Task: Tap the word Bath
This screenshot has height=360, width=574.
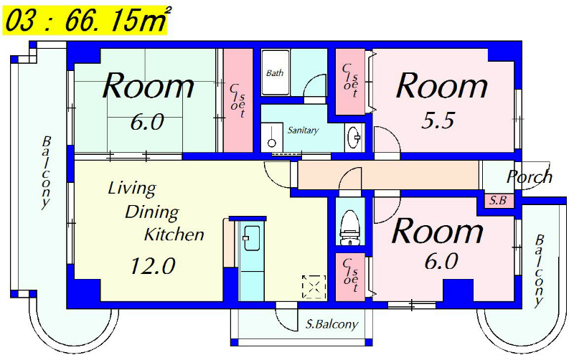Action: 275,73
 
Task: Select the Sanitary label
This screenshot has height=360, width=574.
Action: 303,130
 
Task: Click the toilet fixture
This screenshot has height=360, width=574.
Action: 350,227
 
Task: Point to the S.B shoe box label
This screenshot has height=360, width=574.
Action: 498,200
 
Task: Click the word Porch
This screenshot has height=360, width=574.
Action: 530,176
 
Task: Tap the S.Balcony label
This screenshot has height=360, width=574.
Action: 331,323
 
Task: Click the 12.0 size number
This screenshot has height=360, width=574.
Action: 153,265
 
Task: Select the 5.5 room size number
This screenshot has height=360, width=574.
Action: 438,120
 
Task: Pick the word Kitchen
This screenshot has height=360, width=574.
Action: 174,235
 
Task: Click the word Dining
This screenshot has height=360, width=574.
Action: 152,212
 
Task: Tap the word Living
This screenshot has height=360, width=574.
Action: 132,189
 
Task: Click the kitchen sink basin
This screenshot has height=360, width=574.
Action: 252,238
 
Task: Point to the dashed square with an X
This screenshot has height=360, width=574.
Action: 314,287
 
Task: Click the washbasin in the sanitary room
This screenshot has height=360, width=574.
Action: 354,138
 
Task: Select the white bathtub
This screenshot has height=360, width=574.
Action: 276,73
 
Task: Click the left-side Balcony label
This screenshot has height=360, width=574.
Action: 45,173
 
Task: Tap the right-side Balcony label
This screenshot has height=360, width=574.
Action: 540,271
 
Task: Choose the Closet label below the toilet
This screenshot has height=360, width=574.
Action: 350,275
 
